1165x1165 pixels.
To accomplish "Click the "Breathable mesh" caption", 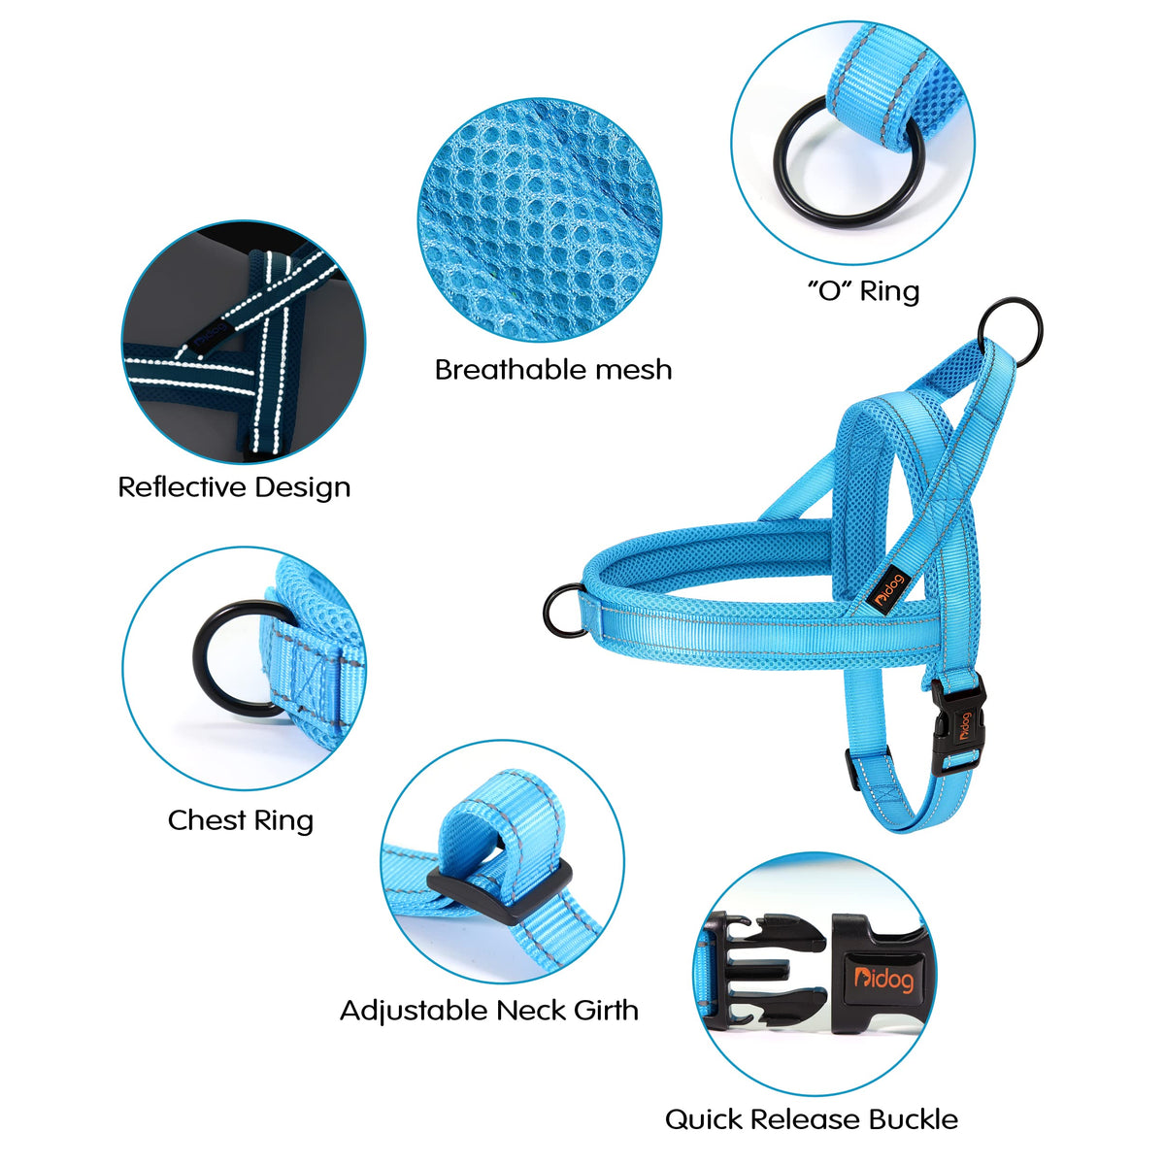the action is [553, 369].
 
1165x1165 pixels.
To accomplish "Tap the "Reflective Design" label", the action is [234, 487].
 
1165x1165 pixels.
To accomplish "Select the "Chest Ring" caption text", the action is [241, 820].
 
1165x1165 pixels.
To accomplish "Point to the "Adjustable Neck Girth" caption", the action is [489, 1010].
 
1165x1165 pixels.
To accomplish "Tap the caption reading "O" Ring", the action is [863, 291].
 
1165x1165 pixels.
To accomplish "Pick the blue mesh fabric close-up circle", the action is [539, 220].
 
